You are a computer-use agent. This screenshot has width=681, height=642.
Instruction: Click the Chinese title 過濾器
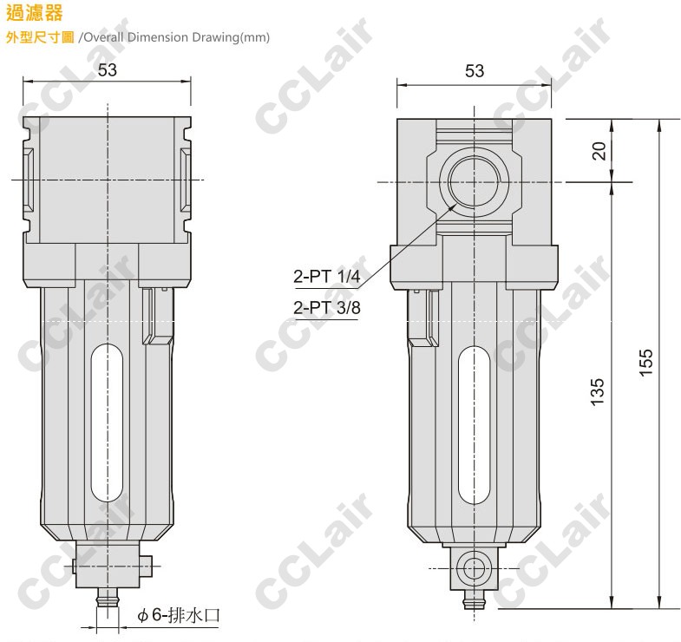coord(35,13)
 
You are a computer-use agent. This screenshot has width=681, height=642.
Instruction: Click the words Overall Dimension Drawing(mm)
coord(176,37)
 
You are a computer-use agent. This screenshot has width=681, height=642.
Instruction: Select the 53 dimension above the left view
coord(108,70)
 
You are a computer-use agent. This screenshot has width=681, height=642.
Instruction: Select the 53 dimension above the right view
coord(475,71)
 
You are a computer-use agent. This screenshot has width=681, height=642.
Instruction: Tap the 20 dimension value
coord(599,151)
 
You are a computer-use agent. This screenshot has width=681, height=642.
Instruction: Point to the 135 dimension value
coord(597,392)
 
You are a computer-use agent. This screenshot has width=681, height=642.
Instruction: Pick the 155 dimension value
coord(645,363)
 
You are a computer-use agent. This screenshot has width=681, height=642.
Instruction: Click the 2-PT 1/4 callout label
coord(326,276)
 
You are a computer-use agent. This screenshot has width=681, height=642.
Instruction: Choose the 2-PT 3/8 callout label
coord(326,307)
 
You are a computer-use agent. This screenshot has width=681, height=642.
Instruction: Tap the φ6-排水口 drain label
coord(179,615)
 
